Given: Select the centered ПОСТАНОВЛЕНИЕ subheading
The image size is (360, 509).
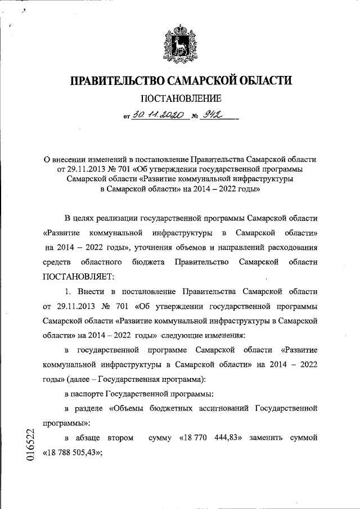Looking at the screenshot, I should click(x=180, y=100).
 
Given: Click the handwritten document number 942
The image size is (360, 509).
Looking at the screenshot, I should click(x=213, y=116).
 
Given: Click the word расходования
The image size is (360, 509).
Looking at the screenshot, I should click(x=289, y=247).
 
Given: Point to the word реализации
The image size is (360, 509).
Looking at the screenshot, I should click(x=125, y=218).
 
